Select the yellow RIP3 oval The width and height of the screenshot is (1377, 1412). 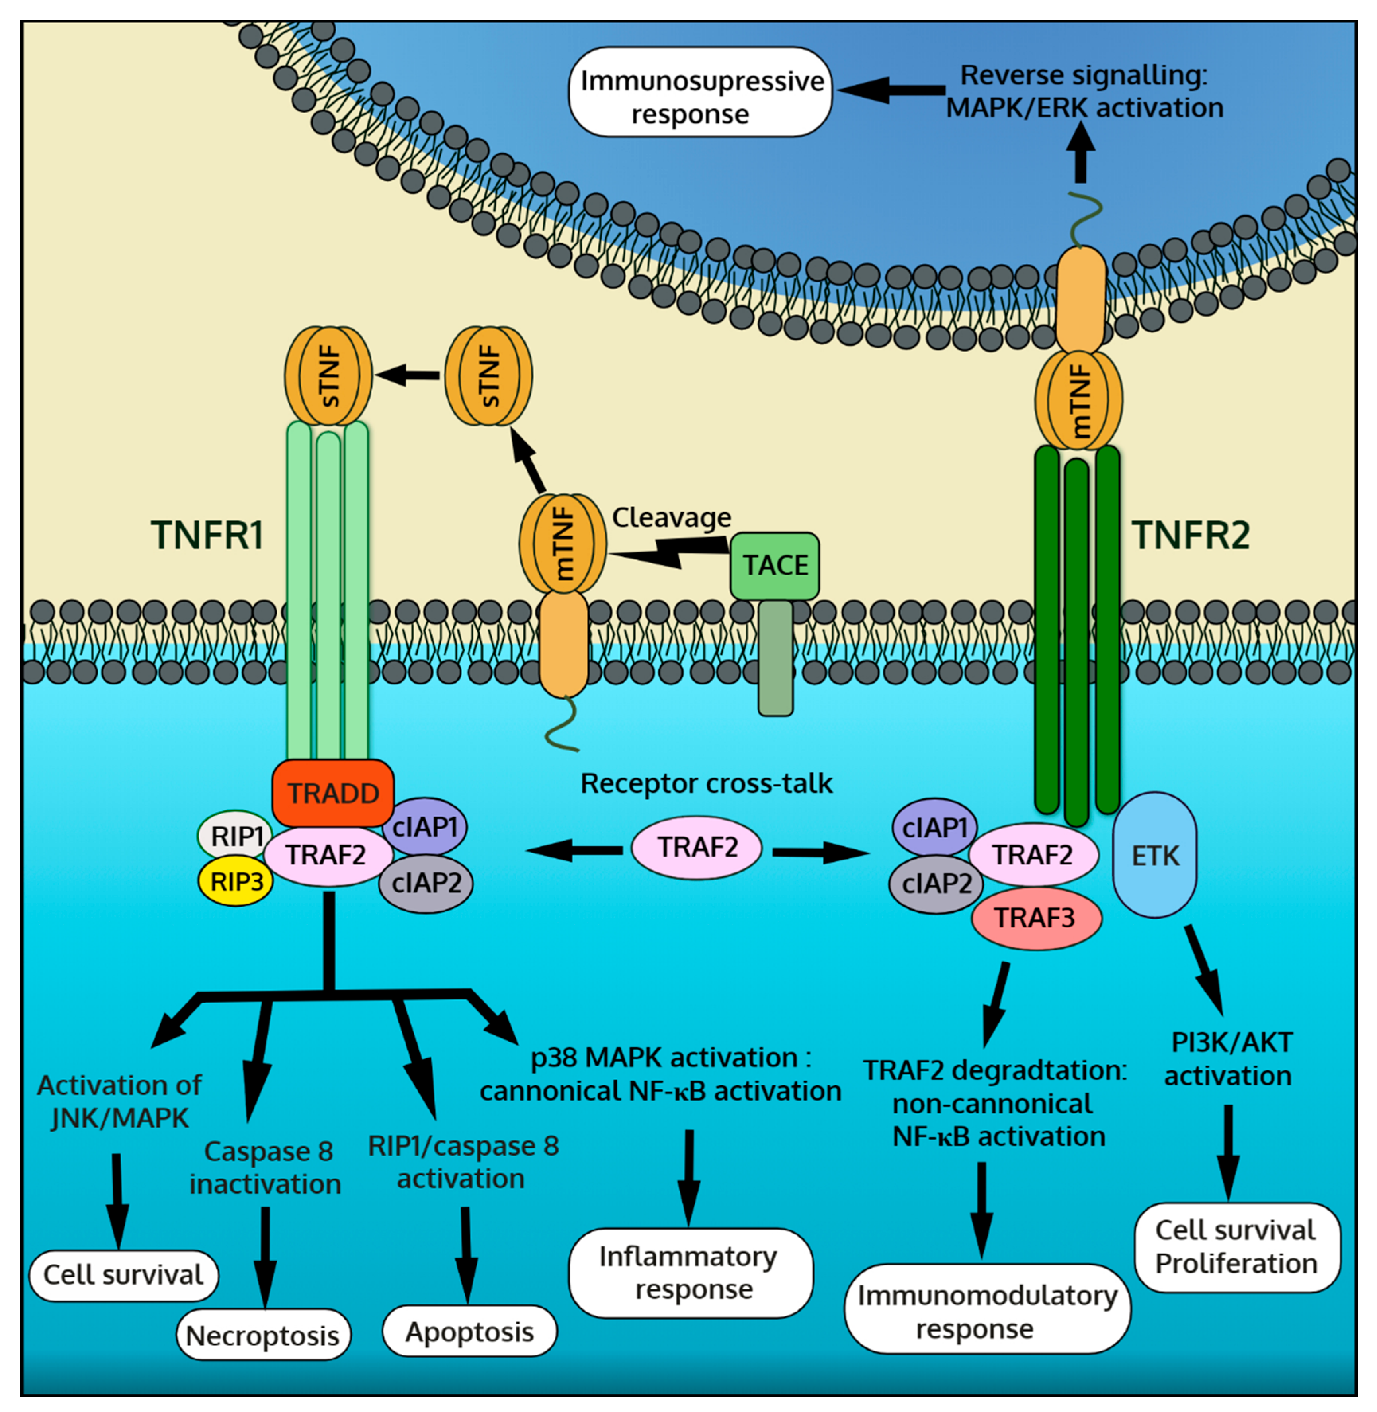point(236,881)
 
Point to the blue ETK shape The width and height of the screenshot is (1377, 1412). point(1154,855)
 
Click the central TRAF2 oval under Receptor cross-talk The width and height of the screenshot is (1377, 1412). point(696,847)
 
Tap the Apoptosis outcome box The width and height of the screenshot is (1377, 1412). point(469,1331)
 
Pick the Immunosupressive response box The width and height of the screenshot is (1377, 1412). point(700,92)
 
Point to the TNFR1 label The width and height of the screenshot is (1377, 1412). point(207,536)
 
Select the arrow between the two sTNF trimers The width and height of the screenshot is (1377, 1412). point(407,375)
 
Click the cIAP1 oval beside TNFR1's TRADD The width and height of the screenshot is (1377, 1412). point(424,826)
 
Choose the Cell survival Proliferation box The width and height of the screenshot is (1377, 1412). point(1237,1247)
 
